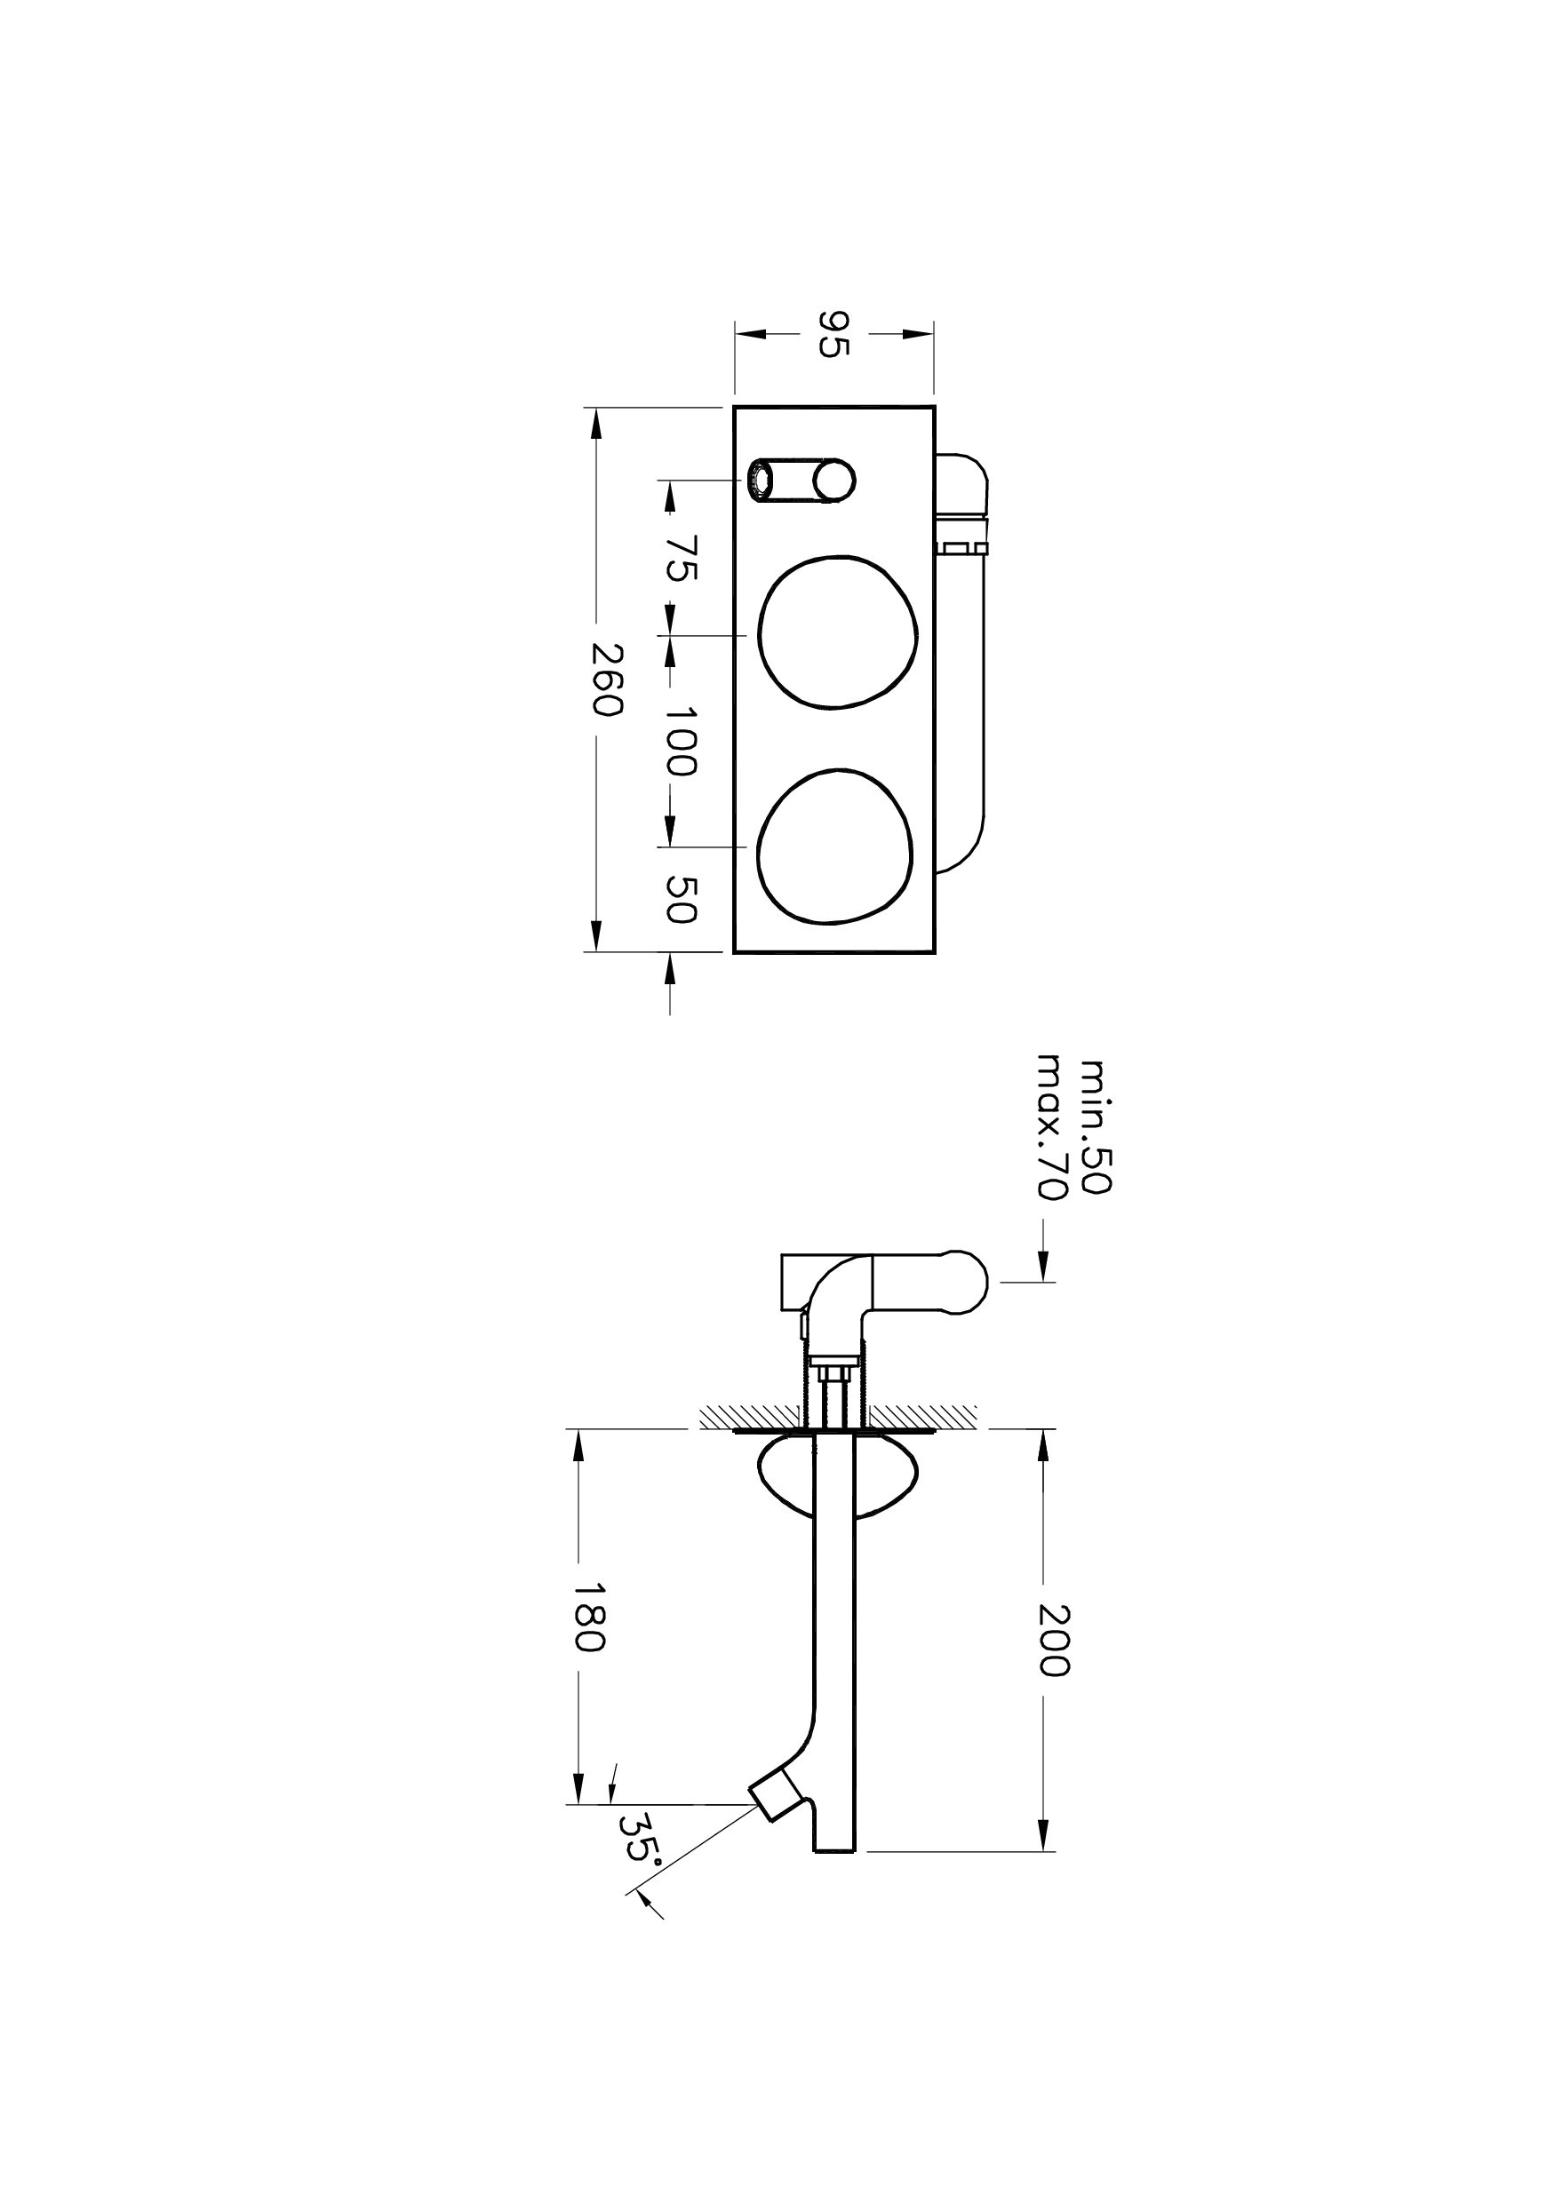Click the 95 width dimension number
click(833, 334)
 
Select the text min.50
click(1095, 1126)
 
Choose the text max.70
click(1052, 1126)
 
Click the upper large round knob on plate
click(837, 632)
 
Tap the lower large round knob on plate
click(836, 846)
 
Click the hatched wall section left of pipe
click(748, 1415)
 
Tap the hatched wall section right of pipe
click(923, 1415)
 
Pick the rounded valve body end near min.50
click(966, 1283)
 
